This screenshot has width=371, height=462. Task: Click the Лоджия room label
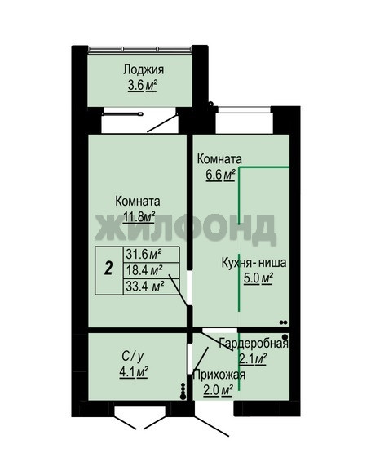pos(144,70)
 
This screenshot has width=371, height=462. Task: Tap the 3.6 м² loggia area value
pos(142,86)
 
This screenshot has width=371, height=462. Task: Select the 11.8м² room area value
pos(139,217)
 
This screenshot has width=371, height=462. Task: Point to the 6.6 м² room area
pos(220,175)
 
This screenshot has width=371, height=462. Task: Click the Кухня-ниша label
pos(254,262)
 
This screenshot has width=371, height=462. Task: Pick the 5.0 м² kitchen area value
pos(258,278)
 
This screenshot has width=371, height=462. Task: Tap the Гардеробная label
pos(254,344)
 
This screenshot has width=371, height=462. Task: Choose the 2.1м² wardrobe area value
pos(252,359)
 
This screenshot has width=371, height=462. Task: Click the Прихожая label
pos(219,375)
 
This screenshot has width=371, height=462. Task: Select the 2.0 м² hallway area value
pos(219,390)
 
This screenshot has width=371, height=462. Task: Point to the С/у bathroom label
pos(133,357)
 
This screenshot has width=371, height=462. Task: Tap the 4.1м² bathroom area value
pos(134,372)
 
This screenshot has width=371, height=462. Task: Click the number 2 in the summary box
pos(108,269)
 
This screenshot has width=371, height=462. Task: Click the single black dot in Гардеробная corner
pos(285,336)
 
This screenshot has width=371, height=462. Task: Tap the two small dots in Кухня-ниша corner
pos(283,322)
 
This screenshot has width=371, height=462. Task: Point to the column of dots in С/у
pos(183,391)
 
